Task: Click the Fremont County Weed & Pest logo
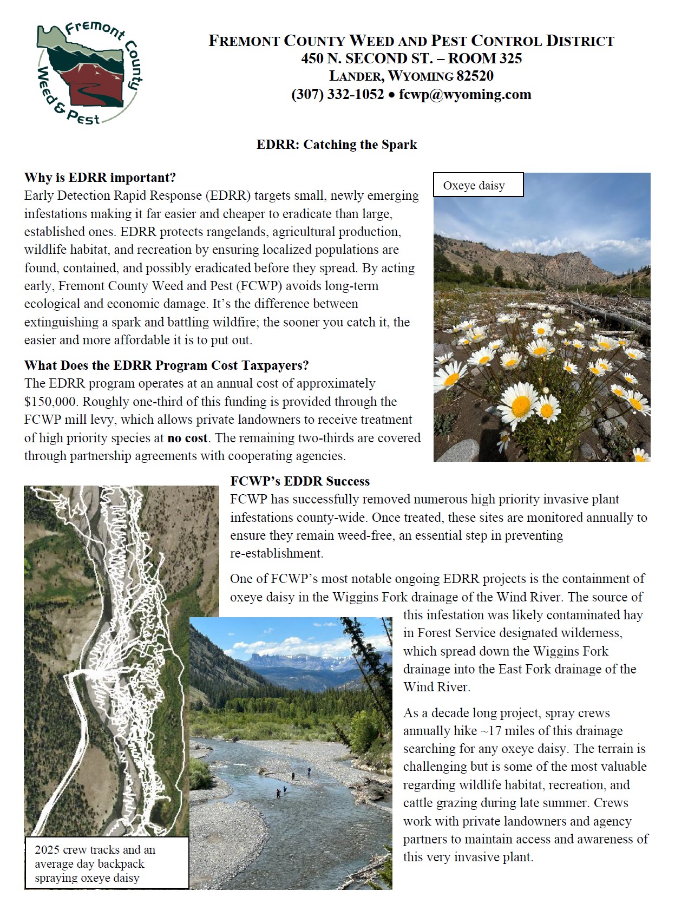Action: (87, 73)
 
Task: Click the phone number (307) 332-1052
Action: (338, 94)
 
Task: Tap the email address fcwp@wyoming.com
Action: (465, 94)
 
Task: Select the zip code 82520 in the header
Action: (475, 76)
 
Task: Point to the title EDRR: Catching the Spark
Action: (337, 145)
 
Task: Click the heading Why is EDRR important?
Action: (100, 178)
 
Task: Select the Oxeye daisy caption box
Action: (478, 185)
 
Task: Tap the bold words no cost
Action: (187, 438)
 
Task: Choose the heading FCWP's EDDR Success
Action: (300, 481)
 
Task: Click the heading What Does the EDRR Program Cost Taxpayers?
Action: (166, 365)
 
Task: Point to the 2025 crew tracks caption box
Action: (107, 863)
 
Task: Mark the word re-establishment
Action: (276, 553)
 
